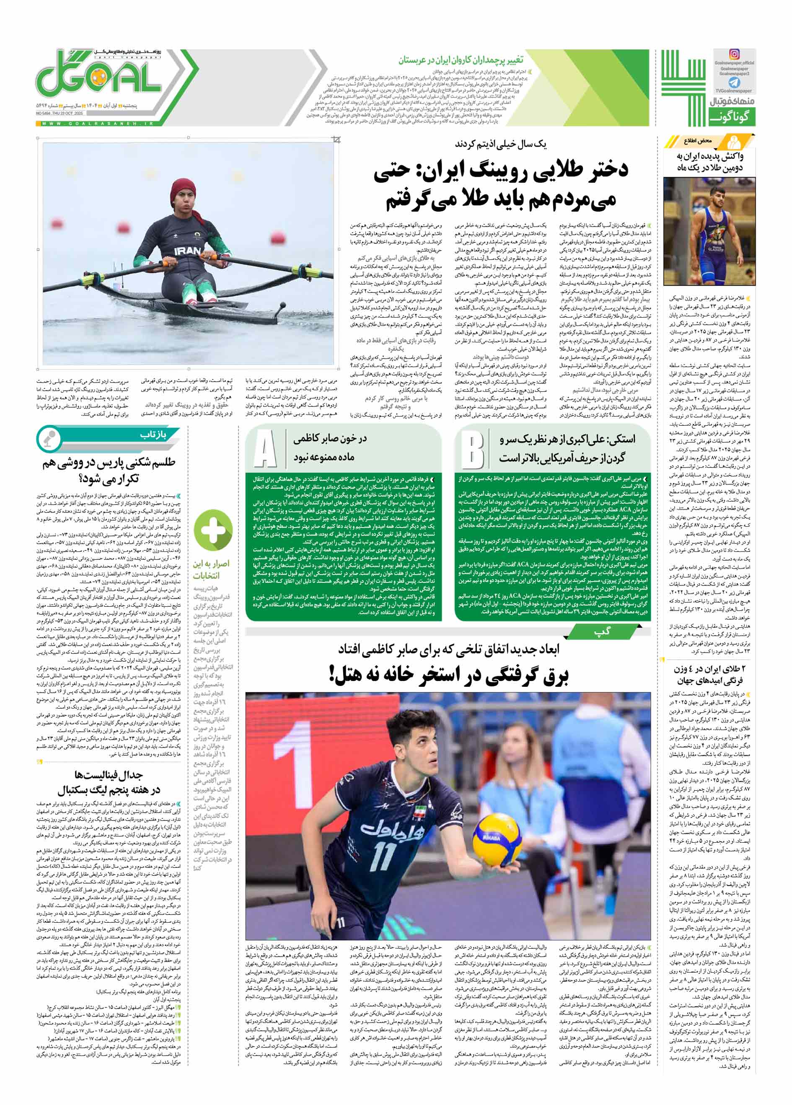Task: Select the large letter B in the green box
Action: [x=472, y=449]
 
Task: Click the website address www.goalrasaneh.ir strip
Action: [x=97, y=124]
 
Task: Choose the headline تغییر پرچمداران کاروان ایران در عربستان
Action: [x=460, y=60]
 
